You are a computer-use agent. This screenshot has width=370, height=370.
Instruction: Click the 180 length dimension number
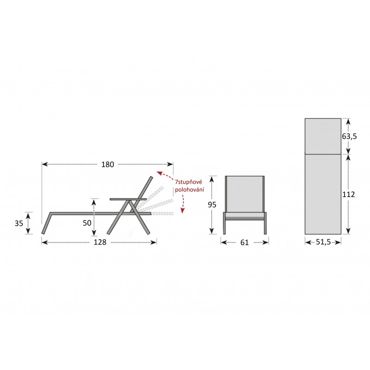[108, 164]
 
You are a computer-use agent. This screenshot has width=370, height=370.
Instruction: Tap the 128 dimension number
[100, 242]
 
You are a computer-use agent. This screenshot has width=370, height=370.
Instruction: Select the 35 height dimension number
[19, 223]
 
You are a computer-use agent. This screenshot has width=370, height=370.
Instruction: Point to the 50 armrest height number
[87, 223]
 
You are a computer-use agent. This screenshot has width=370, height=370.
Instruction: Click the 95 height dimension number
[212, 204]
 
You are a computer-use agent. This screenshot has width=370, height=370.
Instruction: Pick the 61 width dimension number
[245, 242]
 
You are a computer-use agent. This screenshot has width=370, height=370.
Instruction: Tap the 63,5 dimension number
[350, 136]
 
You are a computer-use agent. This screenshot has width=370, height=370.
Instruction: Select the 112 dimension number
[349, 194]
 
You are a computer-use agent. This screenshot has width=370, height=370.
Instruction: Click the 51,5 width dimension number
[323, 242]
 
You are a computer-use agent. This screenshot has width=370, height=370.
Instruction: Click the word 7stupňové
[189, 182]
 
